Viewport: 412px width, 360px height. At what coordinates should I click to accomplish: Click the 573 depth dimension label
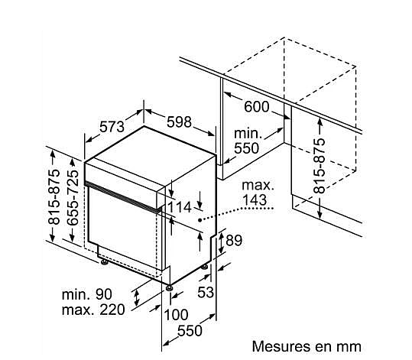point(112,127)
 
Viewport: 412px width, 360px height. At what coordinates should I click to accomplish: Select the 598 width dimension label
point(179,122)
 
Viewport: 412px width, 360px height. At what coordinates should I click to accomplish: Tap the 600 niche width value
point(257,107)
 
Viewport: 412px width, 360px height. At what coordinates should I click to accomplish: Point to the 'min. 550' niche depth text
point(248,141)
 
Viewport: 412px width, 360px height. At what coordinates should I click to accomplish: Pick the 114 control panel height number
point(180,207)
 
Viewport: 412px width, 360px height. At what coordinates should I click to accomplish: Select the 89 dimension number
point(234,240)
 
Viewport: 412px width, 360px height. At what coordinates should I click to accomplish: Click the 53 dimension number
point(206,292)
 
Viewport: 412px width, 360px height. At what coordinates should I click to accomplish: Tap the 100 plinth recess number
point(176,314)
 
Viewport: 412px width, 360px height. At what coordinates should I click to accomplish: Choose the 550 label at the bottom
point(190,330)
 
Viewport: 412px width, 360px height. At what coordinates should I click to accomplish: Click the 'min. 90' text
point(86,294)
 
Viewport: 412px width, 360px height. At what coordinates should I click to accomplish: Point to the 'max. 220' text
point(93,310)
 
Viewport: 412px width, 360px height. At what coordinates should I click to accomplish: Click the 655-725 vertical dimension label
point(73,198)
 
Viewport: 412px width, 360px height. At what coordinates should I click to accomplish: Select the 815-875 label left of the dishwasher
point(54,197)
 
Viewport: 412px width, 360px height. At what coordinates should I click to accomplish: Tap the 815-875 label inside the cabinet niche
point(320,166)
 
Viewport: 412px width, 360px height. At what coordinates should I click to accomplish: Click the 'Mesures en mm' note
point(307,346)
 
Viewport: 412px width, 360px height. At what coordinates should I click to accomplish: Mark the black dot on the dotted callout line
point(200,220)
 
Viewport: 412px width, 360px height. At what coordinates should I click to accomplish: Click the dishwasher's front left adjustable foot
point(104,262)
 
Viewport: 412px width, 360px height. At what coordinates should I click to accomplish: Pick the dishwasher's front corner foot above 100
point(169,287)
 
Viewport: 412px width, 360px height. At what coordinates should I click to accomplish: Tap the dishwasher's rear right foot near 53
point(205,267)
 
